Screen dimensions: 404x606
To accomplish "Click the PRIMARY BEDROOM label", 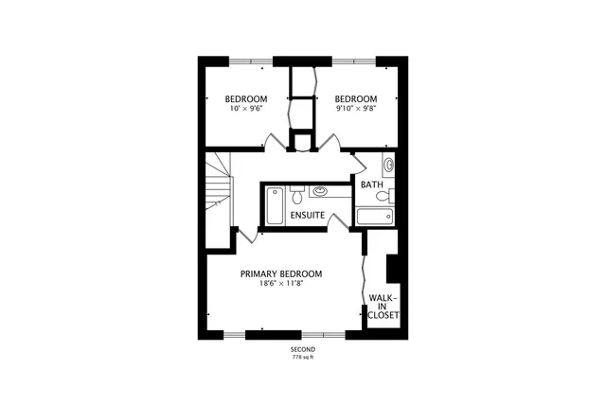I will tap(280, 273).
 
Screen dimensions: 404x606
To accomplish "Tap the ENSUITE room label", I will tap(308, 216).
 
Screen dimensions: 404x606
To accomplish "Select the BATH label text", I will tap(371, 184).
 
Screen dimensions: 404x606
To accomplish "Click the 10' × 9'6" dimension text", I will tap(245, 109).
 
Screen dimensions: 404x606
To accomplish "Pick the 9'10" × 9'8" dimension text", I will tap(356, 109).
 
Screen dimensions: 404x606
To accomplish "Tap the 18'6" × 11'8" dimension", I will tap(280, 283).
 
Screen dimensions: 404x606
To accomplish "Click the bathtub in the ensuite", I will tap(274, 207).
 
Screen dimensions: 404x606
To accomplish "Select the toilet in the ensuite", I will tap(297, 196).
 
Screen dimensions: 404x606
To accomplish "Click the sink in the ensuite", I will tap(320, 189).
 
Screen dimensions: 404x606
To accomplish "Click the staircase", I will tap(218, 194).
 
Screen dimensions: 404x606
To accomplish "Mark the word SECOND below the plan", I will tap(303, 349).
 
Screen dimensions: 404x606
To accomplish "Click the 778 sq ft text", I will tap(303, 358).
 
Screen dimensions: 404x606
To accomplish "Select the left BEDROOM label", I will tap(245, 99).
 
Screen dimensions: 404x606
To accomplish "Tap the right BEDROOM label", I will tap(356, 99).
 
